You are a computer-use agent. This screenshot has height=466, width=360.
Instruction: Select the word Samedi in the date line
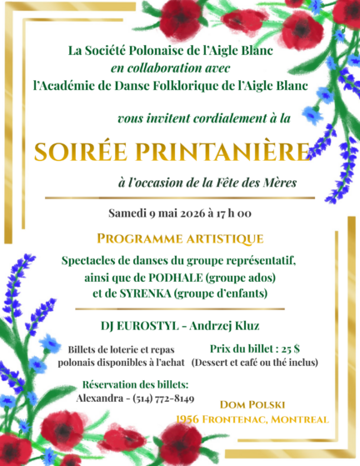tap(129, 213)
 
